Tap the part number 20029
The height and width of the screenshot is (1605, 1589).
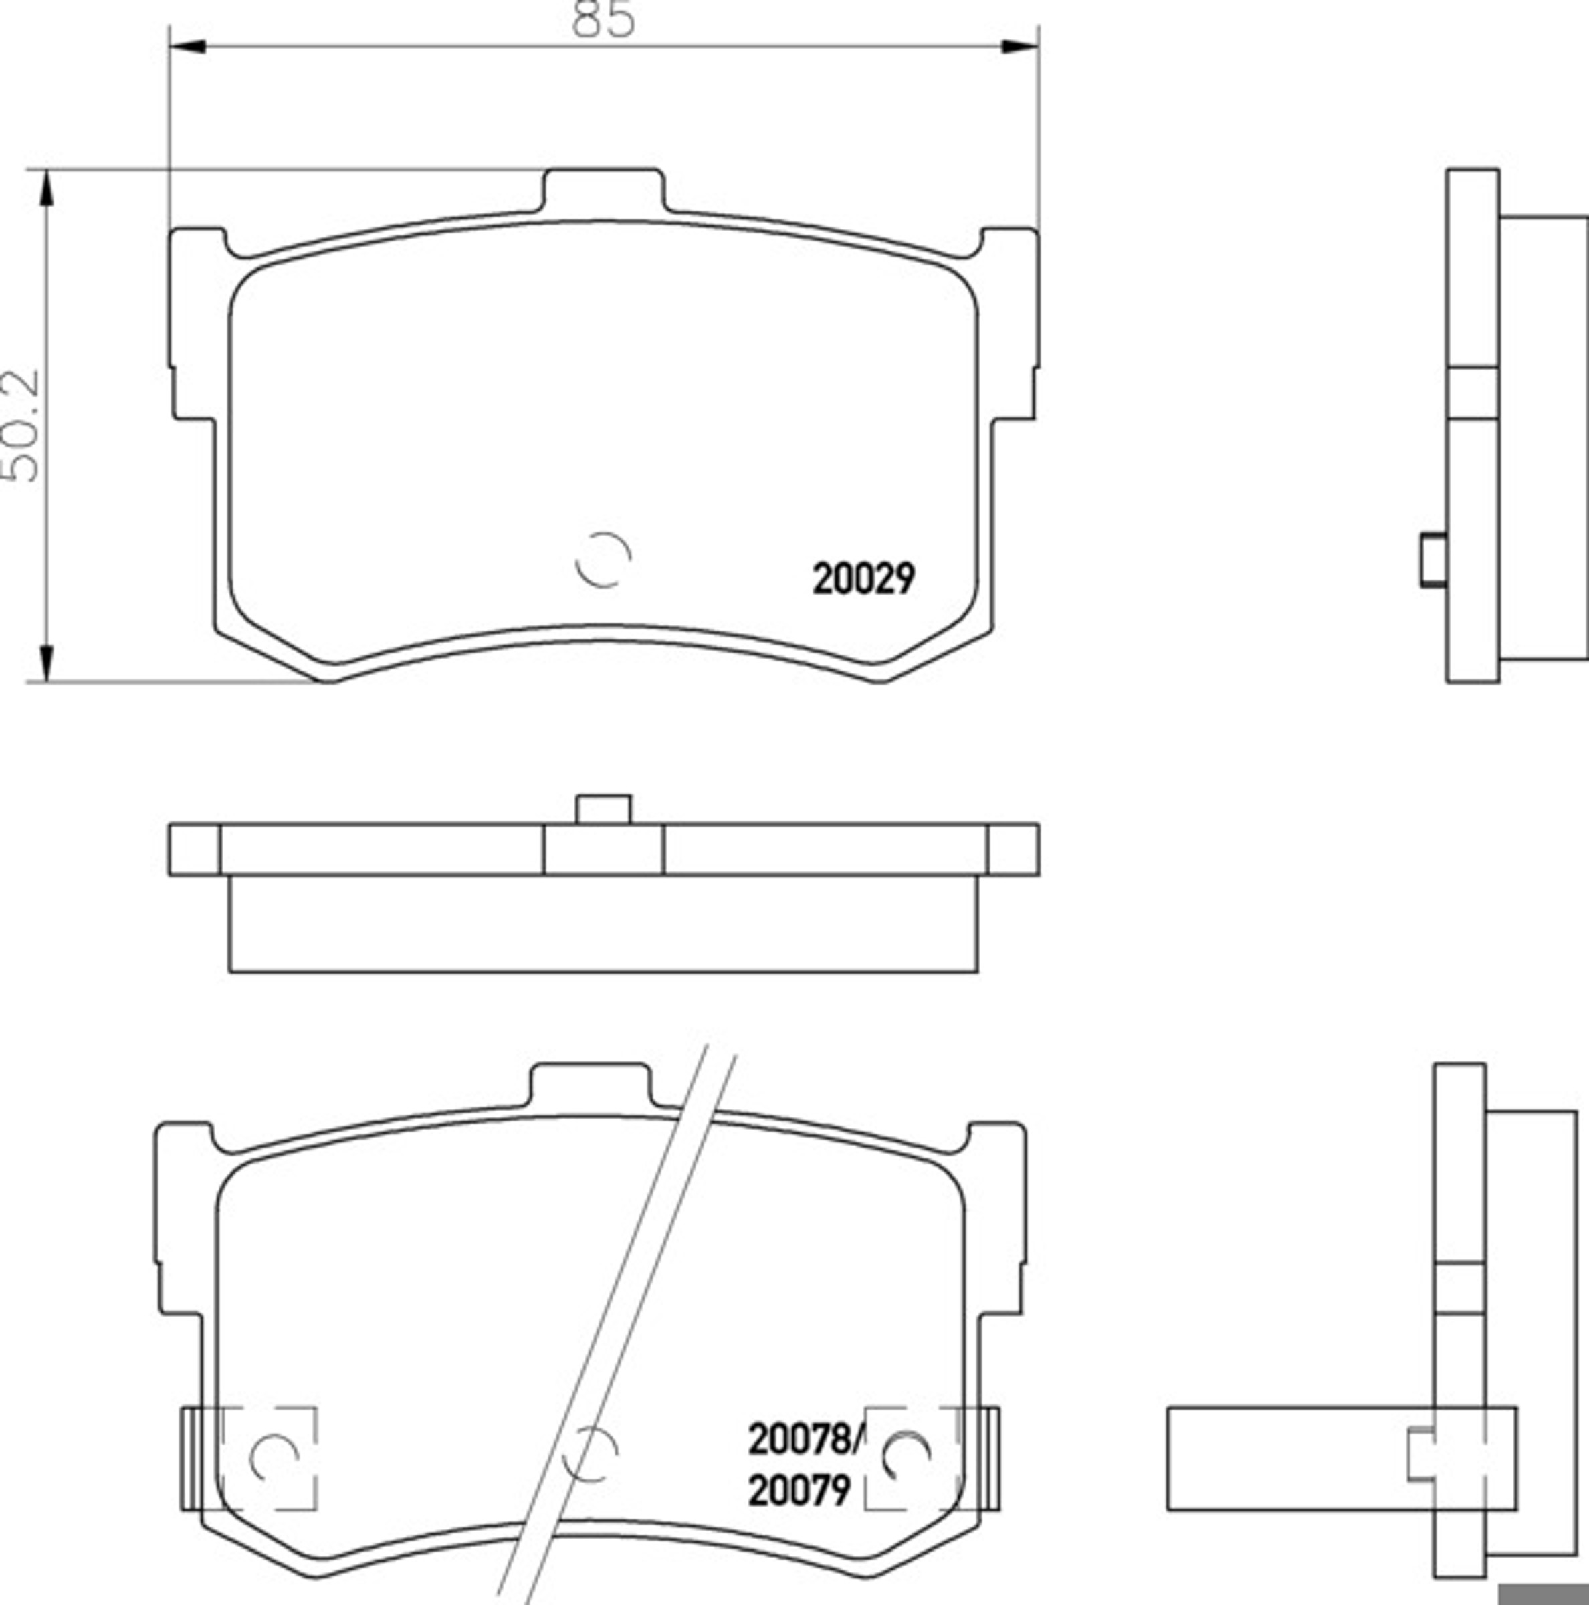tap(864, 579)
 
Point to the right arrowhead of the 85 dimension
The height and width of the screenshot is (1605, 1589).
tap(1020, 47)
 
